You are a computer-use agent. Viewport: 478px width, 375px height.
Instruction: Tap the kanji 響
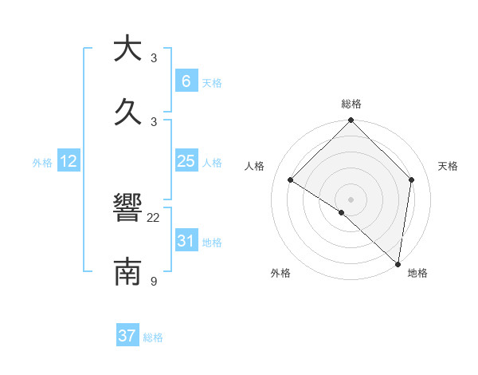point(127,210)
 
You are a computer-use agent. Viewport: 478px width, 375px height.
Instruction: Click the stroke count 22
point(154,218)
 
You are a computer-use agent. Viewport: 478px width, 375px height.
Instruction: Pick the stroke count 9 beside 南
point(154,281)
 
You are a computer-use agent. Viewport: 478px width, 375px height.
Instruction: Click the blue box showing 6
point(186,81)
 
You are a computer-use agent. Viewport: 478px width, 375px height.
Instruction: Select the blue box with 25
point(186,161)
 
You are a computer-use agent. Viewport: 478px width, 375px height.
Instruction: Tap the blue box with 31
point(186,240)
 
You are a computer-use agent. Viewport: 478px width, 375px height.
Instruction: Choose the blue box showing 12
point(69,161)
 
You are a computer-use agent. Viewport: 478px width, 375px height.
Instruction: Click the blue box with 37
point(127,336)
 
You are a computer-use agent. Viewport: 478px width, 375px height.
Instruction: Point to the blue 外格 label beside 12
point(42,163)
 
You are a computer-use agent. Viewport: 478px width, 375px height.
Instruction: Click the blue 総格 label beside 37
point(153,337)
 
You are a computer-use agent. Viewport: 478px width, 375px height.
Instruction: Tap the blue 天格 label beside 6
point(212,82)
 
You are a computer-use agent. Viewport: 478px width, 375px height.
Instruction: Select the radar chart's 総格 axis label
point(351,104)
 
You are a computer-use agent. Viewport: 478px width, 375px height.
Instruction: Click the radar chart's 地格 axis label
point(417,273)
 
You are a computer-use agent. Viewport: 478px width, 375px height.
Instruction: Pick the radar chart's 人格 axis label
point(254,166)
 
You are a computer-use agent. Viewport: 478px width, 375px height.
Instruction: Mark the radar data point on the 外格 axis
point(342,212)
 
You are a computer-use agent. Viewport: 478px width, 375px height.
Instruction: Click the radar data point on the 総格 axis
point(351,121)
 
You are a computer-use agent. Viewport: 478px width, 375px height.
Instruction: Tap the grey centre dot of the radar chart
point(351,199)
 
